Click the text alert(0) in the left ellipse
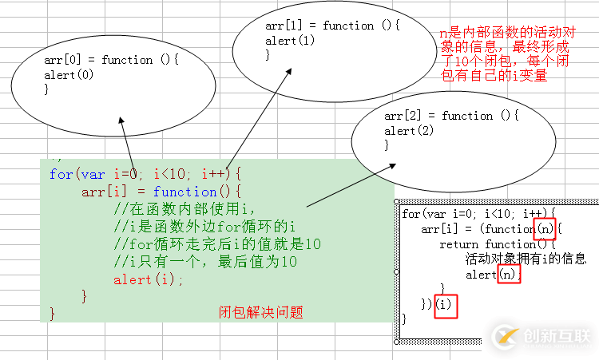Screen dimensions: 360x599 [x=69, y=75]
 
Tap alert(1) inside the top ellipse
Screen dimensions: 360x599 [x=290, y=40]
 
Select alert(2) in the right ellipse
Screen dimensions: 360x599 [x=409, y=131]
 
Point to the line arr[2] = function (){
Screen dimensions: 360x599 [x=451, y=116]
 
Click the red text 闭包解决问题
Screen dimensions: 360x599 [x=261, y=312]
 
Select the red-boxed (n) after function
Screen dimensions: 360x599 [x=543, y=229]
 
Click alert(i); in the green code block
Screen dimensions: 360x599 [x=149, y=279]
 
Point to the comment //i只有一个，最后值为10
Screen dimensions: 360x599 [x=205, y=262]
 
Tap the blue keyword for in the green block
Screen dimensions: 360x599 [x=60, y=173]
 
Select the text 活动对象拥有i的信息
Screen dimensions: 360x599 [x=526, y=259]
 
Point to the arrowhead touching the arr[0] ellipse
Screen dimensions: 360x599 [x=121, y=121]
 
